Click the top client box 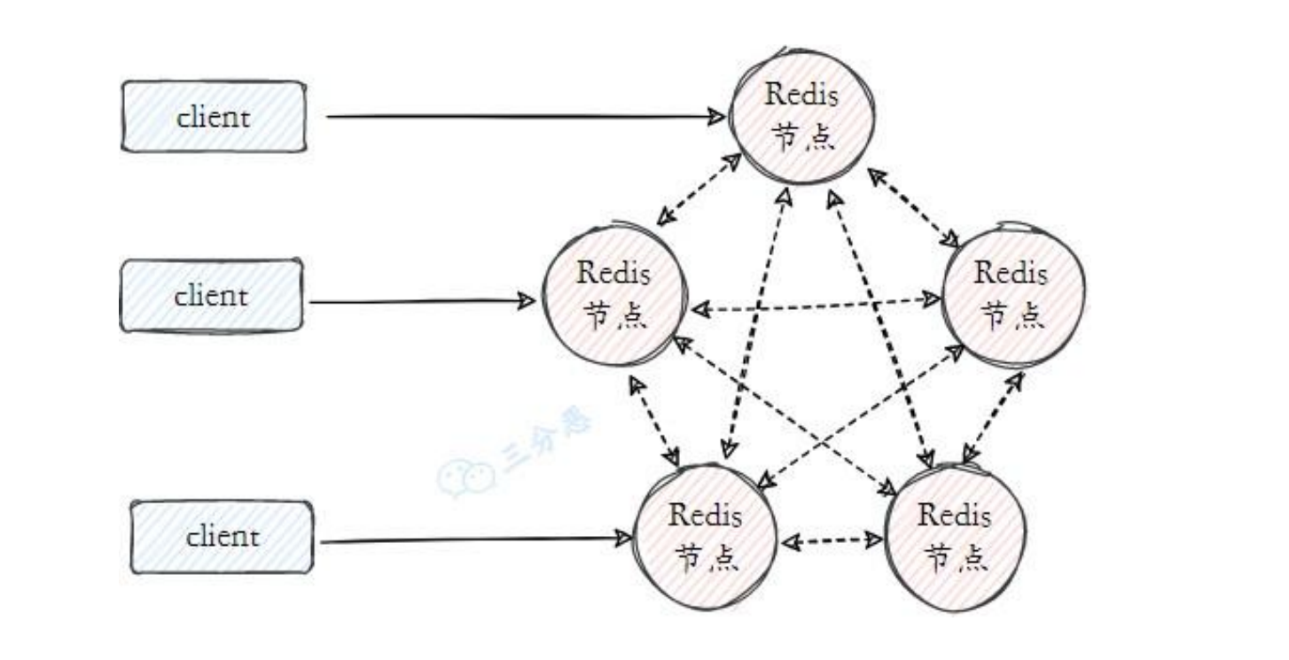213,116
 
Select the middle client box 211,295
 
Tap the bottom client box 222,537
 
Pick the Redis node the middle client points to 613,294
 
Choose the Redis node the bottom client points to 706,537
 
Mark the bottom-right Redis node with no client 955,537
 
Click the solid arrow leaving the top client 523,116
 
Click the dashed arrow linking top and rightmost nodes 914,208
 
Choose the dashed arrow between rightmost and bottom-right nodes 993,416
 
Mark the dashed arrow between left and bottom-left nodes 653,421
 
